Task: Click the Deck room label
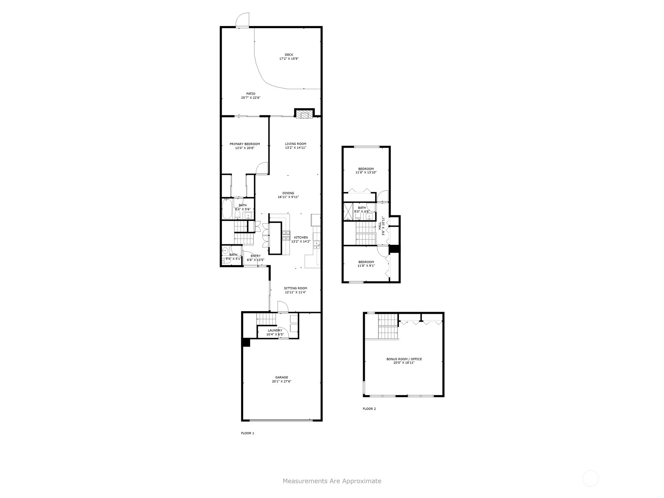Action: click(x=288, y=55)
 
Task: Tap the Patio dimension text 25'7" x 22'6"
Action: click(x=251, y=98)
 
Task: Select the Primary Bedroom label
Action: click(x=244, y=144)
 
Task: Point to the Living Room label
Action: click(x=295, y=144)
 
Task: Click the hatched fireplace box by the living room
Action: click(x=304, y=114)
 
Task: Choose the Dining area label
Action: click(x=288, y=193)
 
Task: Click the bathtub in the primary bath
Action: click(x=227, y=208)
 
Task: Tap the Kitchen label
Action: click(x=301, y=237)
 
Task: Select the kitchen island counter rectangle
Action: click(x=275, y=238)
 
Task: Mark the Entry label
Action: click(x=255, y=256)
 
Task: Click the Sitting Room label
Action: click(x=295, y=288)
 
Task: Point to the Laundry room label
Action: click(x=275, y=330)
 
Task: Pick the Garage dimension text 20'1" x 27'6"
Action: click(x=281, y=381)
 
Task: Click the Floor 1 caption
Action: click(x=247, y=433)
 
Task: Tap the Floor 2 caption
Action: click(x=369, y=408)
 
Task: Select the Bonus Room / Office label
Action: click(x=404, y=359)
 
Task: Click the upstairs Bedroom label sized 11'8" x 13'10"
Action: click(x=366, y=169)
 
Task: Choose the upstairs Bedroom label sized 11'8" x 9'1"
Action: click(x=366, y=262)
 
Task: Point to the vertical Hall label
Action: click(x=380, y=226)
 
